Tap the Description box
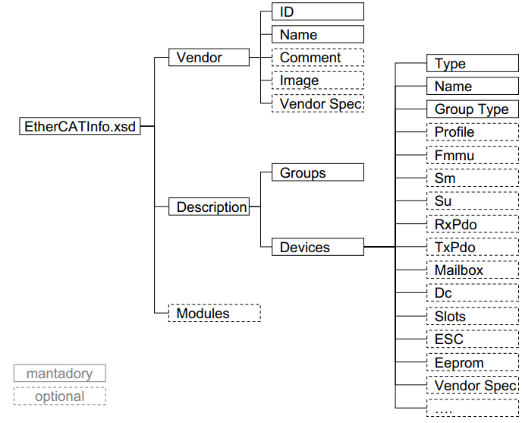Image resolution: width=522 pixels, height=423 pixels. (x=211, y=207)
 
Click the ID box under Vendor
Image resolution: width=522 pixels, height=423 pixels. (x=317, y=11)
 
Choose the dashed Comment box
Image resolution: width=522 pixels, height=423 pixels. (x=317, y=57)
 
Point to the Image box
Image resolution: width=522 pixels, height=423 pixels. (x=317, y=80)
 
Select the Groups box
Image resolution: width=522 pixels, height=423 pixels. (x=317, y=172)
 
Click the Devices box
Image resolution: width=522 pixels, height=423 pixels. (x=317, y=247)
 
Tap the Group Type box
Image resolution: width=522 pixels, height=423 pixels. (x=472, y=109)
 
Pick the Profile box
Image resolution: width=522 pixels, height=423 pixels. (x=472, y=131)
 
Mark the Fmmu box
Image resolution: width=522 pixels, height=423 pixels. (x=472, y=155)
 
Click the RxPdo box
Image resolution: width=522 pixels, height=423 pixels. (x=472, y=224)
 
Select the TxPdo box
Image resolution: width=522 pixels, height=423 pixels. (x=472, y=247)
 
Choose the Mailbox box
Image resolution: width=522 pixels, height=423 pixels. (x=472, y=270)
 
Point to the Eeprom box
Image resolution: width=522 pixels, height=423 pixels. (x=472, y=362)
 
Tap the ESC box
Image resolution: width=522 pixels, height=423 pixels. (x=472, y=339)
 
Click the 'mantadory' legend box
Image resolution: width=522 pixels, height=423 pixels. (x=59, y=373)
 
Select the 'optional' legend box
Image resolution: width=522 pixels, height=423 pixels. (x=59, y=396)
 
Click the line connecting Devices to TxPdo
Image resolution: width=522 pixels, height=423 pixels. (x=379, y=247)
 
